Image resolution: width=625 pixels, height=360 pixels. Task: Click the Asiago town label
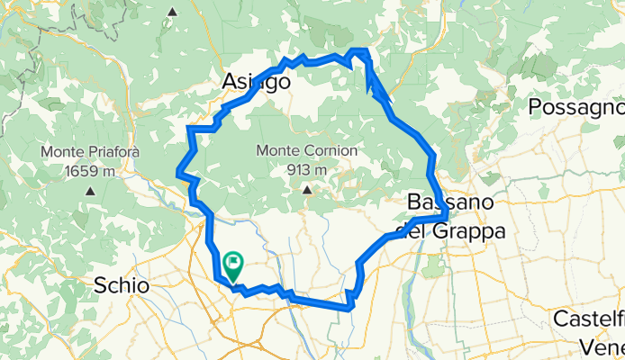point(256,83)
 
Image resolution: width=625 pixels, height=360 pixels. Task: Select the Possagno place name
point(575,107)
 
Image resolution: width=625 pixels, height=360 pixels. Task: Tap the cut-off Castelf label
point(588,319)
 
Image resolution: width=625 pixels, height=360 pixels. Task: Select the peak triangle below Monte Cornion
point(307,190)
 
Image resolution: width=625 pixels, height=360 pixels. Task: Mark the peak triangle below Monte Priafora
point(90,191)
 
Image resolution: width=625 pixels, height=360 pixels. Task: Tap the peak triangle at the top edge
point(172,12)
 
